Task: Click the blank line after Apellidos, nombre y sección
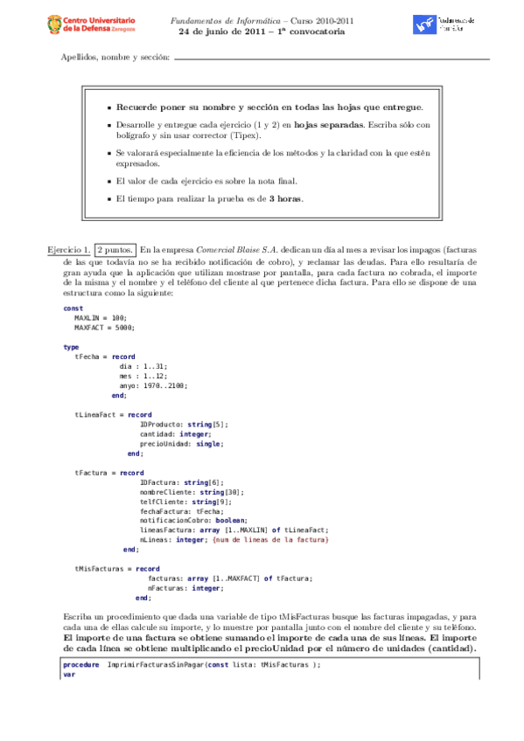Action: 332,59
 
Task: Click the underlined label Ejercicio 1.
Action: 68,250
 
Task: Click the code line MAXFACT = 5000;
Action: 103,326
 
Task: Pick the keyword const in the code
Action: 73,308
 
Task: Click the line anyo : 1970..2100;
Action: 153,385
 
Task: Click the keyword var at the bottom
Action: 69,675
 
